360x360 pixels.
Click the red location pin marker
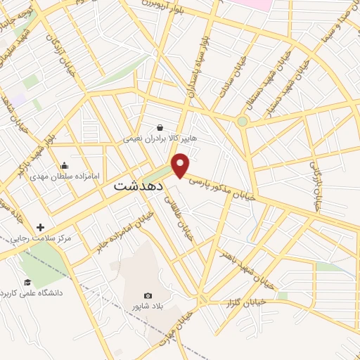tap(181, 165)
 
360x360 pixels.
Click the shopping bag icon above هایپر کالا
tap(161, 128)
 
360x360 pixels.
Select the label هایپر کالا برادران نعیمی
tap(160, 139)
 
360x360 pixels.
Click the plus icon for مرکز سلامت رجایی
tap(40, 227)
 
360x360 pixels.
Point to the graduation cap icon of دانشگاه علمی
tap(27, 282)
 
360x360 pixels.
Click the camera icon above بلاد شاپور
tap(148, 296)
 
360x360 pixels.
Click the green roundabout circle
tap(243, 122)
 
